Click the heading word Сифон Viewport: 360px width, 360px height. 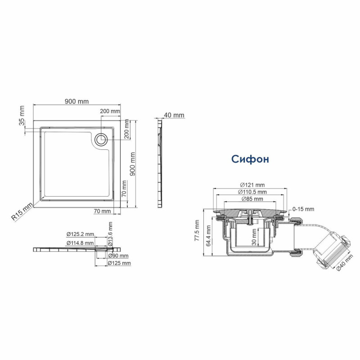251,159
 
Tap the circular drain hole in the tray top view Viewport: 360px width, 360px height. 101,139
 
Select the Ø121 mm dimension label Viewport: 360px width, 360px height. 252,185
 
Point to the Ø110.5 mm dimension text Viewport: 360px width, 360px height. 252,192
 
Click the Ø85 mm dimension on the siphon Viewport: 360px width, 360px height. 252,198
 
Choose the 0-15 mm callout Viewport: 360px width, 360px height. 303,209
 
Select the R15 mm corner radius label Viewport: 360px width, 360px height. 22,212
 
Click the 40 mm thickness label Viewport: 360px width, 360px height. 174,115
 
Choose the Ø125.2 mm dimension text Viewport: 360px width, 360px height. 80,234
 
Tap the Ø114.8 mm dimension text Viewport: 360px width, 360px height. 80,243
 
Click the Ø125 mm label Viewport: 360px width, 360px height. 120,263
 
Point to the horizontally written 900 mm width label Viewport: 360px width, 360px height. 77,102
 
